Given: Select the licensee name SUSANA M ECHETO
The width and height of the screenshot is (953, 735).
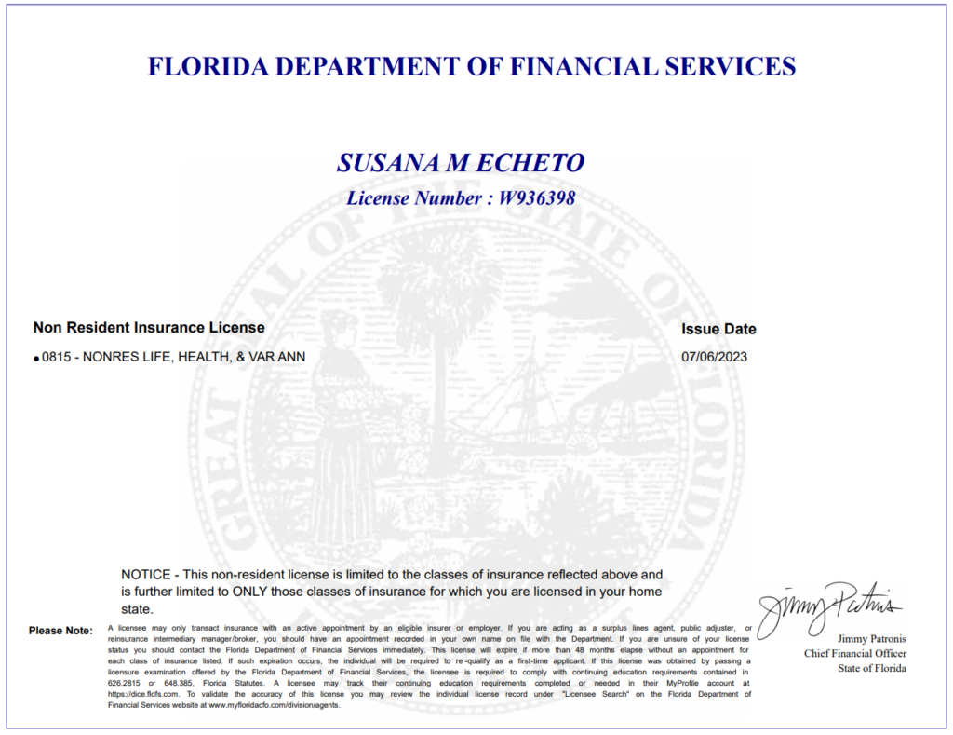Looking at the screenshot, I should click(x=461, y=163).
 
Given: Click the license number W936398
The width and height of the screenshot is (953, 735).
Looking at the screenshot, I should click(x=537, y=198).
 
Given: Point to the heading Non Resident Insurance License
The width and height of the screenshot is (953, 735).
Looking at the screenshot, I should click(x=149, y=328).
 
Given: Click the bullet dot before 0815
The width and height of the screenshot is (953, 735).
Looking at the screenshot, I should click(x=36, y=358).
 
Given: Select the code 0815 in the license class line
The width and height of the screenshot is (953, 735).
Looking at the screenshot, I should click(x=57, y=357).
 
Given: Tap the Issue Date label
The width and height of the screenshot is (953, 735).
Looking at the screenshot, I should click(x=718, y=329).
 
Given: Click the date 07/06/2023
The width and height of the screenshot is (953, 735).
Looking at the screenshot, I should click(x=714, y=357).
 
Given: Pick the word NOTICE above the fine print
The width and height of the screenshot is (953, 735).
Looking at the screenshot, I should click(x=146, y=575).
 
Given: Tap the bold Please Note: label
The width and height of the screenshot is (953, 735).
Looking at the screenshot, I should click(x=60, y=631).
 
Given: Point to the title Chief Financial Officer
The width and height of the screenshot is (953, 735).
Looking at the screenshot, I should click(x=855, y=654).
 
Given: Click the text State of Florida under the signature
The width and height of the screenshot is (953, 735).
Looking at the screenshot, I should click(x=871, y=668).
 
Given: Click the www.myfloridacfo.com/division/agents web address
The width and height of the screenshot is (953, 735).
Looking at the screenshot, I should click(x=274, y=705).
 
